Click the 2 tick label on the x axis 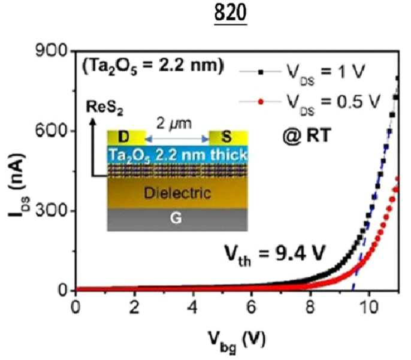pyautogui.click(x=134, y=307)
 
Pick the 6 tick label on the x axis pyautogui.click(x=251, y=307)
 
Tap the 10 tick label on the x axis pyautogui.click(x=369, y=307)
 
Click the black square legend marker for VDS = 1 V pyautogui.click(x=261, y=72)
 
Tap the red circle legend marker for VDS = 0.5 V pyautogui.click(x=261, y=101)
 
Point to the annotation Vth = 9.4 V pyautogui.click(x=274, y=255)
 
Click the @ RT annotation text pyautogui.click(x=306, y=136)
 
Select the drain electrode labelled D pyautogui.click(x=126, y=138)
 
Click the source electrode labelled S pyautogui.click(x=228, y=138)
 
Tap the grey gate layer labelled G pyautogui.click(x=177, y=220)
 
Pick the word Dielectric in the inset pyautogui.click(x=177, y=193)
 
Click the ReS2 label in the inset pyautogui.click(x=105, y=107)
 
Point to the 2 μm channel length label pyautogui.click(x=174, y=123)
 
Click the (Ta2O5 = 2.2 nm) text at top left pyautogui.click(x=153, y=66)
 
